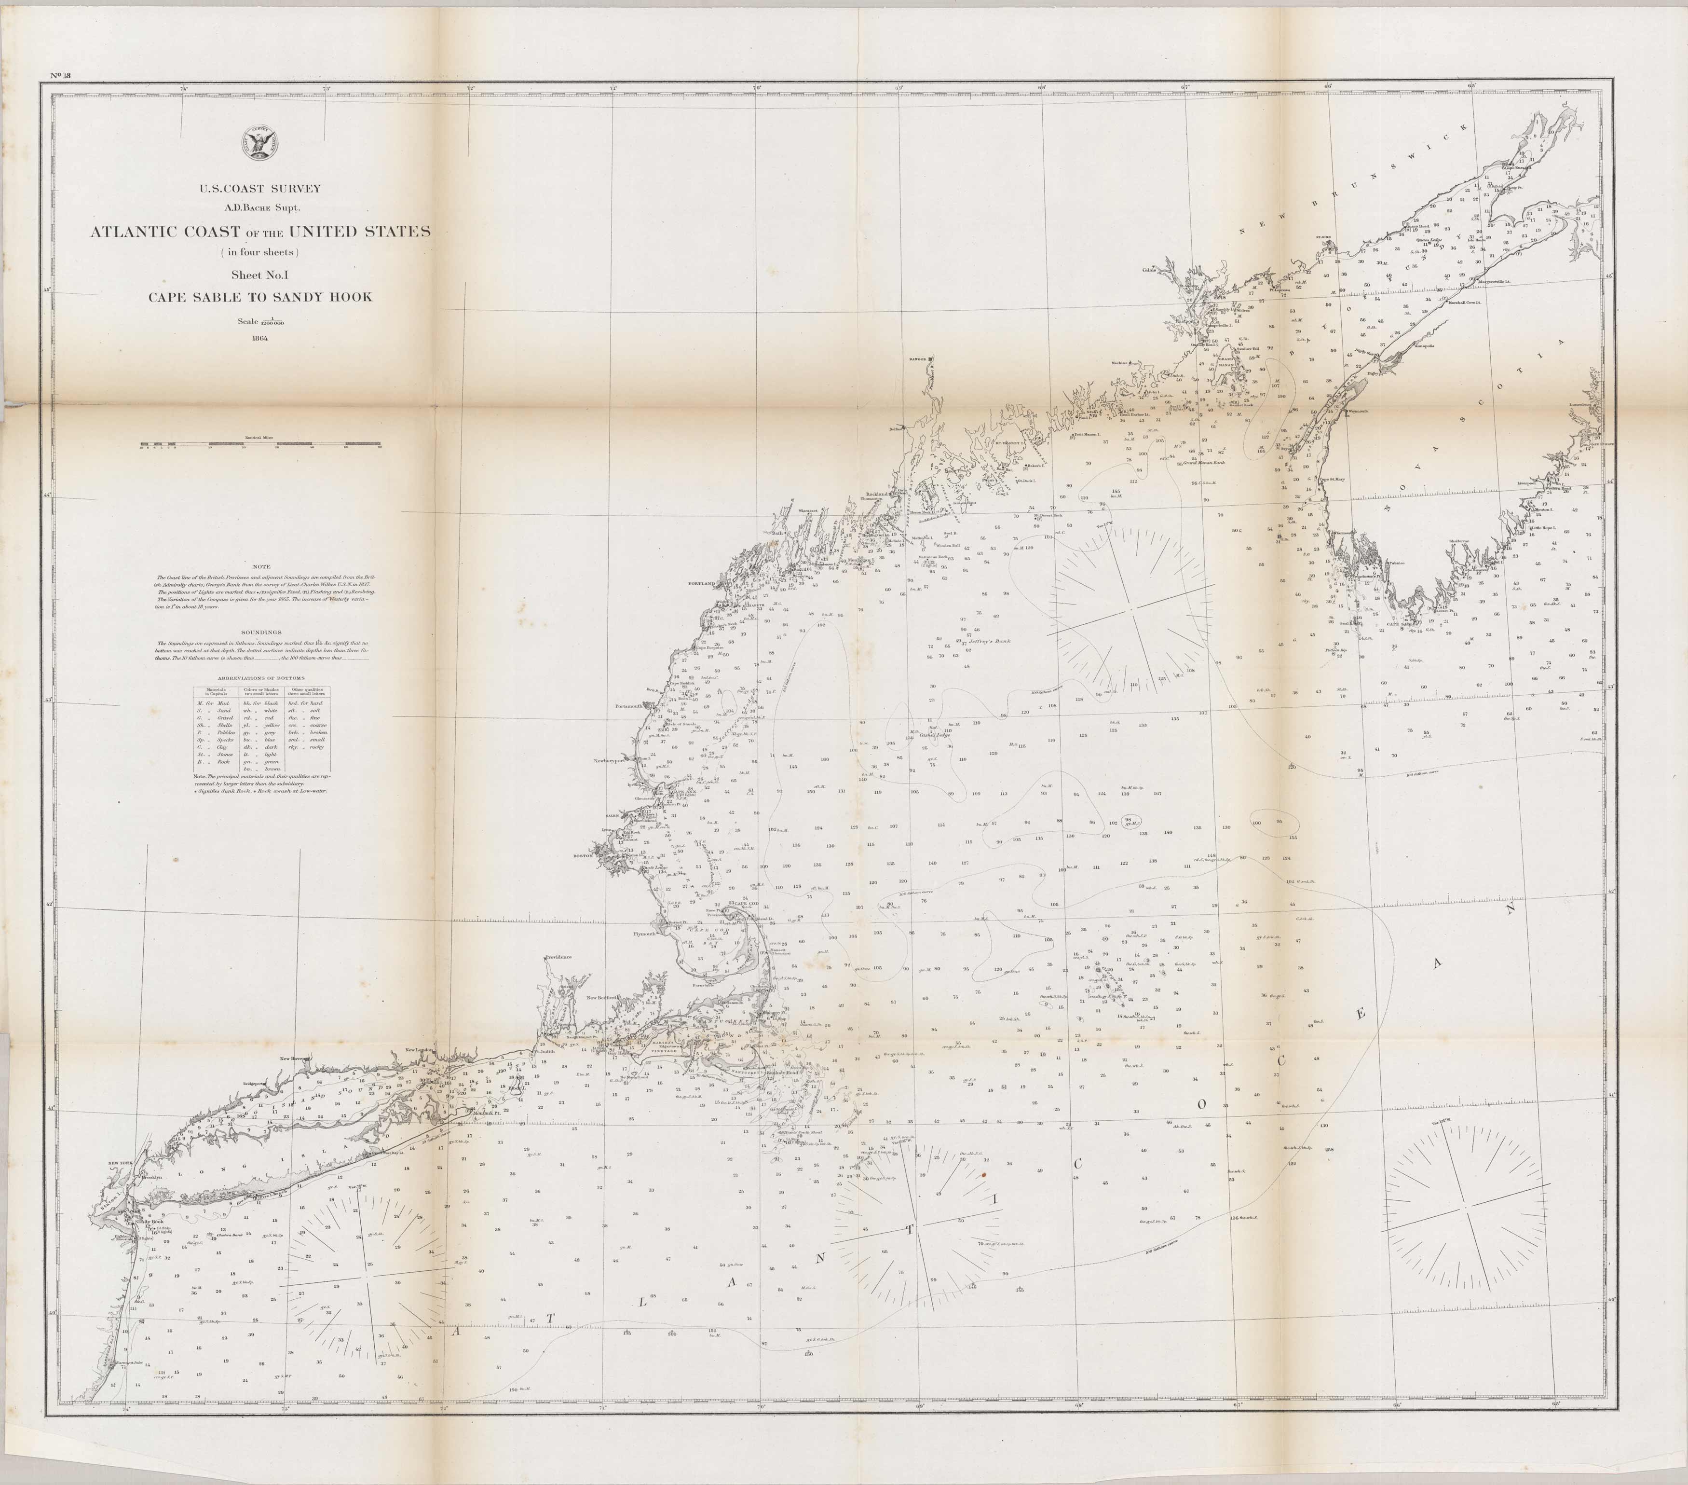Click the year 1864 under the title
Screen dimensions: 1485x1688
coord(260,337)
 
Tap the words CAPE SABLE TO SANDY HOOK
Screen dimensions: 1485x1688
coord(260,297)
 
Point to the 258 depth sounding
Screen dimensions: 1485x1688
coord(1329,1150)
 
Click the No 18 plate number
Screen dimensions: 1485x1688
coord(61,76)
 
